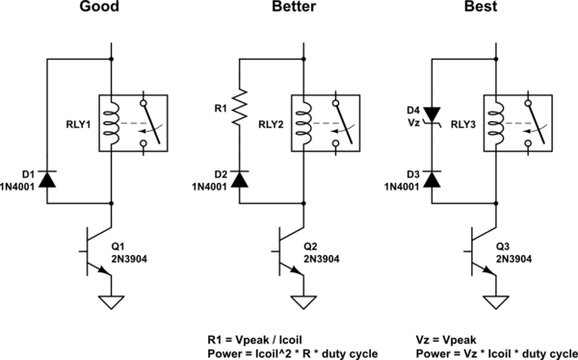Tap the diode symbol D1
(48, 178)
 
